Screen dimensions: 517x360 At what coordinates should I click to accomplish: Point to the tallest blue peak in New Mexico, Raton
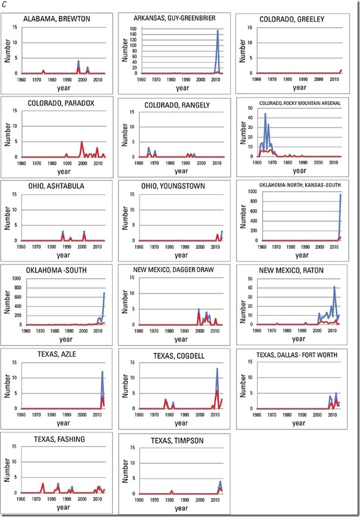click(334, 287)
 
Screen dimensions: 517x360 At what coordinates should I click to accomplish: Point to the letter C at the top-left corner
click(4, 5)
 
